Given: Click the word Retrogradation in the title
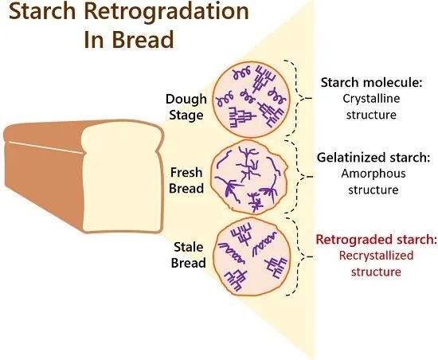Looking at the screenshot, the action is coord(166,11).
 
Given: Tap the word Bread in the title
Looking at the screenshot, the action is coord(143,40).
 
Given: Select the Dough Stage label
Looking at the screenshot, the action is coord(186,108).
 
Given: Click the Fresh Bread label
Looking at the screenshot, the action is coord(186,181).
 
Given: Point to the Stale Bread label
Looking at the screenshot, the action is coord(188,255).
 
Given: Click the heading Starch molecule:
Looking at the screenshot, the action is coord(372,83).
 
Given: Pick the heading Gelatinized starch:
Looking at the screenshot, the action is coord(373,158).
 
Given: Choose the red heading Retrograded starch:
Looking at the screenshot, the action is coord(376,240).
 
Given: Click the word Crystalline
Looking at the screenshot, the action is coord(371,99).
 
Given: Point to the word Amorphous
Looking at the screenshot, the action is coord(373,174).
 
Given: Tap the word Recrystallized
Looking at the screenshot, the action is coord(376,256).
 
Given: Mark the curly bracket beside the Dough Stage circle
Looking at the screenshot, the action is coord(296,98).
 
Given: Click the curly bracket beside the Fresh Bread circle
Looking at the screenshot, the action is coord(297,177).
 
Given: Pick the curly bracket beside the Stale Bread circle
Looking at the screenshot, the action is coord(297,256).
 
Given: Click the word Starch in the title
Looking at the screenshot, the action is coord(42,11).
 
